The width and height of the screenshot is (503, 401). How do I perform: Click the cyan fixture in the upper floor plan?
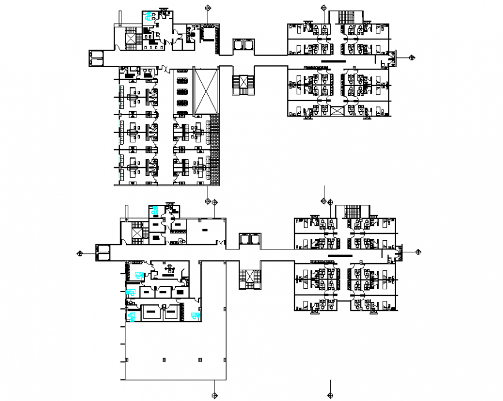pos(150,16)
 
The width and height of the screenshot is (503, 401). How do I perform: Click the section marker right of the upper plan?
pos(411,57)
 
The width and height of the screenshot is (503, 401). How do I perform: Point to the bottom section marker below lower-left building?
pos(215,395)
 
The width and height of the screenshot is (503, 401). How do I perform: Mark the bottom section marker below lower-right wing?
pos(330,396)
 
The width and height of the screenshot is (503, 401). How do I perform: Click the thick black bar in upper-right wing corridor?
pos(333,61)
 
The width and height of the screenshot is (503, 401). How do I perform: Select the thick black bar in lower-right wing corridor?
pos(339,255)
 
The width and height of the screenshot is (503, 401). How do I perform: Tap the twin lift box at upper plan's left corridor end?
pos(96,57)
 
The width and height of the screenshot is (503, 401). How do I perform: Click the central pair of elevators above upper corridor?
pos(242,45)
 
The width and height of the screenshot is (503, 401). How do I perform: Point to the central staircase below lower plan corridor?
pos(249,278)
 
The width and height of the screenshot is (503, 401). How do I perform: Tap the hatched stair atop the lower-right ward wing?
pos(352,211)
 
